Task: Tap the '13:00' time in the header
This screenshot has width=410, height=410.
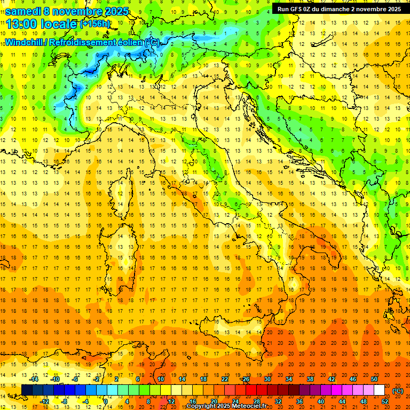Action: click(20, 24)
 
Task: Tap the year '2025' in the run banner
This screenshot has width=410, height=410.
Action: click(393, 9)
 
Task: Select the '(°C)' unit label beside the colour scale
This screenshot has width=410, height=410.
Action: click(398, 390)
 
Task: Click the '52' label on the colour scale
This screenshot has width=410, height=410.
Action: click(385, 401)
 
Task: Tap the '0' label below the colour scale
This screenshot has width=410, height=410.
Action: click(106, 401)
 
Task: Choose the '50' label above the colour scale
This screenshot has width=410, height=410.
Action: click(374, 379)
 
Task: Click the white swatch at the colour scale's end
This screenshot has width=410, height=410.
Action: click(380, 390)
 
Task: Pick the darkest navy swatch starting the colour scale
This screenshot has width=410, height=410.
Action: click(27, 390)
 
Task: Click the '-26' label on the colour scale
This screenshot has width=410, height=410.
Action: click(245, 379)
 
